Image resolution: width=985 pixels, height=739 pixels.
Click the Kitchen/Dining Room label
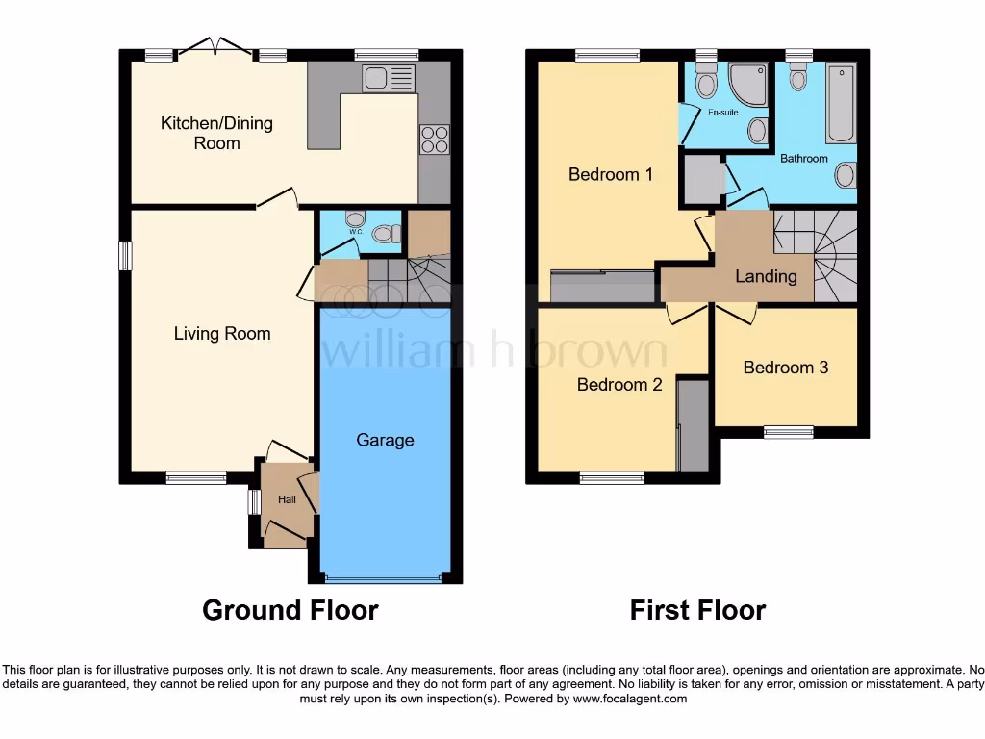point(216,133)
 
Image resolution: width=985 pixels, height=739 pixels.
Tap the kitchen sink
point(389,78)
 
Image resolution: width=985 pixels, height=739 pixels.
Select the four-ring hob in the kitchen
point(434,140)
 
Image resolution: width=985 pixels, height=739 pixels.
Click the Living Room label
point(222,334)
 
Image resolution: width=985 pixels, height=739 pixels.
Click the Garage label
point(385,440)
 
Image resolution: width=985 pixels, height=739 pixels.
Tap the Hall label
point(287,499)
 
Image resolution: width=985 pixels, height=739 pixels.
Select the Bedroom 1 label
point(611,174)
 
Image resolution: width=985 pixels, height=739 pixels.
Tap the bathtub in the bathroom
point(841,104)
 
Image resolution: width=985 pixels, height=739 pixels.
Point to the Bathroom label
point(803,158)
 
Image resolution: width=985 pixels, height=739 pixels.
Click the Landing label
point(766,276)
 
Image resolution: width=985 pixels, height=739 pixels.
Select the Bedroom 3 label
point(786,368)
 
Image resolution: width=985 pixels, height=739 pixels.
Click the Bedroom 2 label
point(619,385)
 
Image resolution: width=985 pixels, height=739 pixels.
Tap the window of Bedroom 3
point(787,432)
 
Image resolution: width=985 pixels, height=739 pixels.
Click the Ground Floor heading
point(290,610)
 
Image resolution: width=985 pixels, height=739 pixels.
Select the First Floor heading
point(697,610)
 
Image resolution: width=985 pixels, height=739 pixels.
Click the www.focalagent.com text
point(629,700)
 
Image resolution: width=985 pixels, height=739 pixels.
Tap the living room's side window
point(125,256)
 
